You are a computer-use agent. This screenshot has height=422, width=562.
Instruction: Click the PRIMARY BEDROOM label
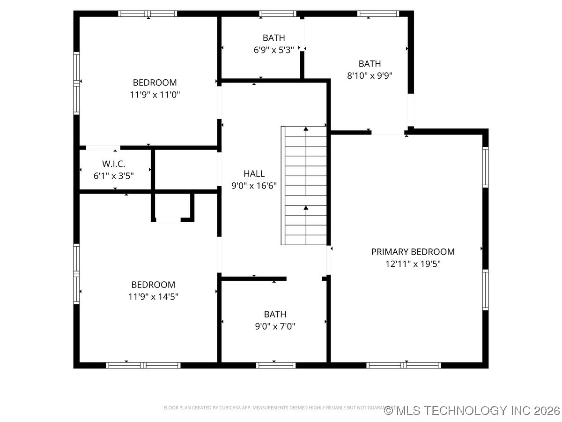point(413,252)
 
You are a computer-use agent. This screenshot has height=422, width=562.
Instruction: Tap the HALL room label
point(254,173)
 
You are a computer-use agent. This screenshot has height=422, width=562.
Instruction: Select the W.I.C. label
point(113,164)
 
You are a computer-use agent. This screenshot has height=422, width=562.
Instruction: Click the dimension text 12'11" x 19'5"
point(413,264)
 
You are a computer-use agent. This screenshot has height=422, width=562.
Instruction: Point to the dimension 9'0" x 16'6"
point(254,186)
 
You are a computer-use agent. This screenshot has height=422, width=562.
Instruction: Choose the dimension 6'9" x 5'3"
point(274,50)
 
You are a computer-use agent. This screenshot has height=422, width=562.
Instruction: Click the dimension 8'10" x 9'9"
point(370,75)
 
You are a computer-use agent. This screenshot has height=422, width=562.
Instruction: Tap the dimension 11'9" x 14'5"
point(153,296)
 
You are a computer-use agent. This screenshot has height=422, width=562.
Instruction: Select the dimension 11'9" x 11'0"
point(155,95)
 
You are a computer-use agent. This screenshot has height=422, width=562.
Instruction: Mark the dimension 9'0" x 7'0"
point(275,326)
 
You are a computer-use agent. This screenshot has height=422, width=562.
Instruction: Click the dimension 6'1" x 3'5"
point(113,176)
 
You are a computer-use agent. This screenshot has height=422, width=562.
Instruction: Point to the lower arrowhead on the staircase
point(306,207)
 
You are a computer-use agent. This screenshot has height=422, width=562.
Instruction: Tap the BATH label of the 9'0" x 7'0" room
point(275,314)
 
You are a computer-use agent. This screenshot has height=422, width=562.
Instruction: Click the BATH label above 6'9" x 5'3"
point(274,38)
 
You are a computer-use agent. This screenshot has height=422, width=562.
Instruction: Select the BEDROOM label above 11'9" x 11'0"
point(155,83)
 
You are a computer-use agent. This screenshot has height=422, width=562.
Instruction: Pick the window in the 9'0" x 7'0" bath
point(275,365)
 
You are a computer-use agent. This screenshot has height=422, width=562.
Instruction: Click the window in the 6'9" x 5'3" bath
point(277,14)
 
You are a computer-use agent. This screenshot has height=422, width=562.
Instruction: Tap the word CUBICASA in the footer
point(226,408)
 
